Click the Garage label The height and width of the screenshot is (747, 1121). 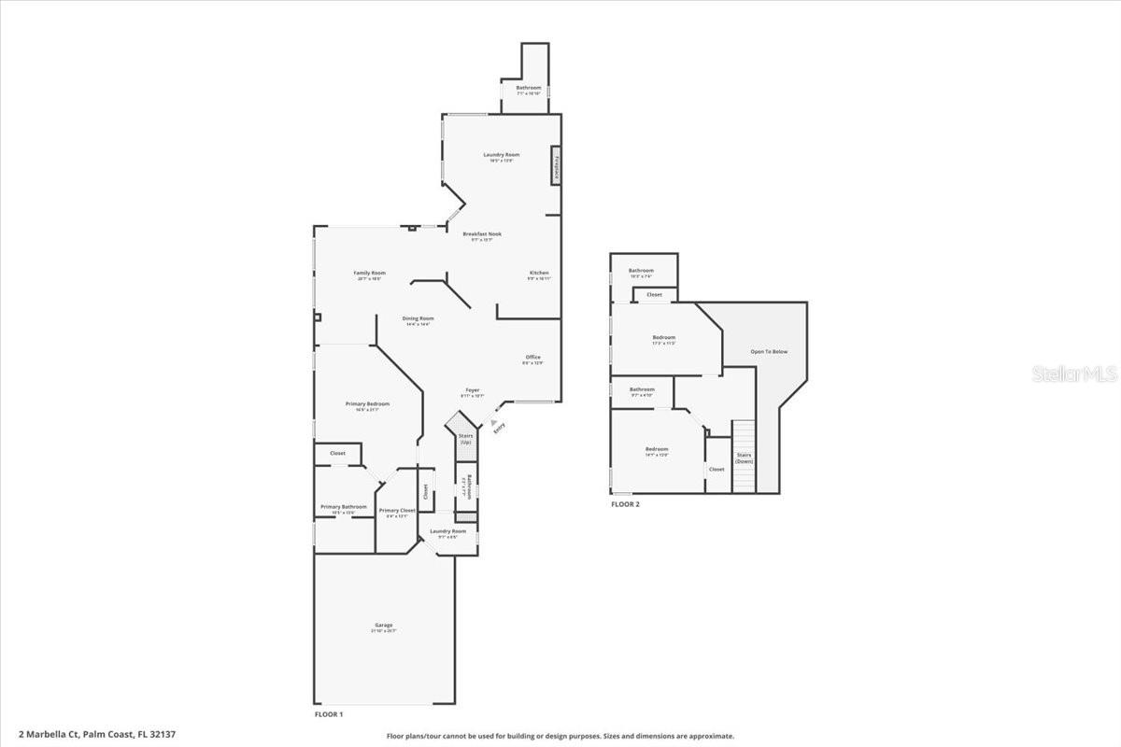pyautogui.click(x=383, y=626)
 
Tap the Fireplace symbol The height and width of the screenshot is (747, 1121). pyautogui.click(x=555, y=166)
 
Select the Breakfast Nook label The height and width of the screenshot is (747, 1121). pyautogui.click(x=482, y=234)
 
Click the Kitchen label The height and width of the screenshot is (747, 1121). pyautogui.click(x=539, y=273)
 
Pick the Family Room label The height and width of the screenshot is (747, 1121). pyautogui.click(x=371, y=273)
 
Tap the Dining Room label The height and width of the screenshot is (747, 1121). pyautogui.click(x=418, y=318)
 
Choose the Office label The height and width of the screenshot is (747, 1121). pyautogui.click(x=532, y=357)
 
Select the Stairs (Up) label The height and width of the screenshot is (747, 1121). pyautogui.click(x=465, y=438)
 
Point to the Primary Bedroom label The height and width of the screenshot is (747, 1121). pyautogui.click(x=367, y=403)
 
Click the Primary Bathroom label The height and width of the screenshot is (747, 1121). pyautogui.click(x=344, y=507)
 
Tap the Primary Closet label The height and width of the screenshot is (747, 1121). pyautogui.click(x=397, y=510)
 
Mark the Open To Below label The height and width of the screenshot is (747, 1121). pyautogui.click(x=769, y=351)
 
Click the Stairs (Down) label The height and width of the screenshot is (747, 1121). pyautogui.click(x=744, y=458)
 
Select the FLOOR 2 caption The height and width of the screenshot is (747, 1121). pyautogui.click(x=625, y=504)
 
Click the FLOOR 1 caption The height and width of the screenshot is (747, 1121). pyautogui.click(x=329, y=714)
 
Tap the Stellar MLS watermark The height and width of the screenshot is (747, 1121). pyautogui.click(x=1074, y=373)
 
